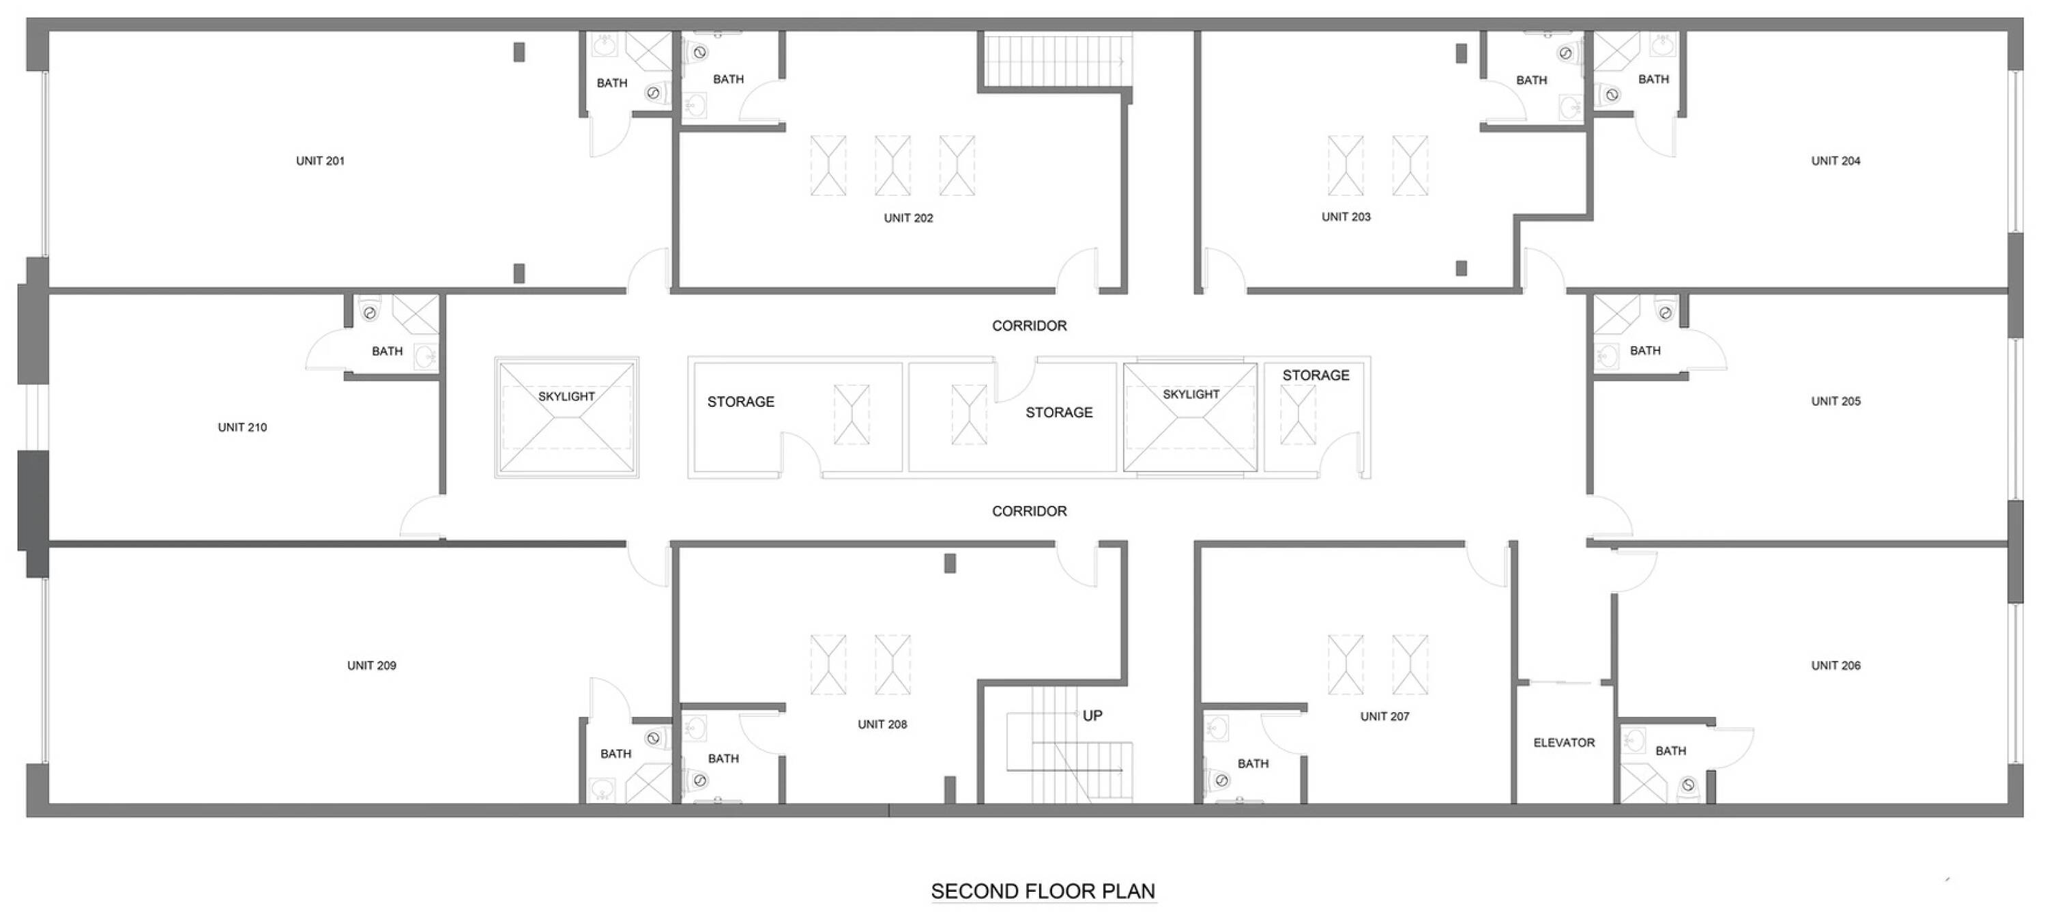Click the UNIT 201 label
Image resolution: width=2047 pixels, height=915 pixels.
320,160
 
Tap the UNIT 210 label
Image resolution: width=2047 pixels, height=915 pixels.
242,427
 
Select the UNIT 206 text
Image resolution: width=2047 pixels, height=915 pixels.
1835,665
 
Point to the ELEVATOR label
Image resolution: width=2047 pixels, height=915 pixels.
1564,742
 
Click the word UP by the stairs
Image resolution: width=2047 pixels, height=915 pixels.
1092,716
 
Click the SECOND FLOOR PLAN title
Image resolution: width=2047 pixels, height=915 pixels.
1043,891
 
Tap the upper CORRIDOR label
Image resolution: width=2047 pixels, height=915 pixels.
1029,326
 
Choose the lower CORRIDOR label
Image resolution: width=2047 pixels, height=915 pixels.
1029,511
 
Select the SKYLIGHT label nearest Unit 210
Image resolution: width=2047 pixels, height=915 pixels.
566,396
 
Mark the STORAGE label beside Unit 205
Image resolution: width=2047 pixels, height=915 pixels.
1316,376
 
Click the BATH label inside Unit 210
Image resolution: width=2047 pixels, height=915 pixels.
387,350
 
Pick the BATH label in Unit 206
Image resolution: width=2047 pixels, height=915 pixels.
1670,750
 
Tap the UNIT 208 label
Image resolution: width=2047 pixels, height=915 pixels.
882,724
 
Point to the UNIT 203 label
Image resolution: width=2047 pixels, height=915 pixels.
1346,216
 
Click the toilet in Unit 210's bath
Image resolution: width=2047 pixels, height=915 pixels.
371,310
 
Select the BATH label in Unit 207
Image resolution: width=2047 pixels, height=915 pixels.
1253,763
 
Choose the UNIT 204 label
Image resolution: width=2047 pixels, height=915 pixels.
1835,160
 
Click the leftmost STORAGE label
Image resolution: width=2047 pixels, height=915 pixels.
740,402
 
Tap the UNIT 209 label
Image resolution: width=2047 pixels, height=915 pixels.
371,665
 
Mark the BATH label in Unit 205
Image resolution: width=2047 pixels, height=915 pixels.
1645,350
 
